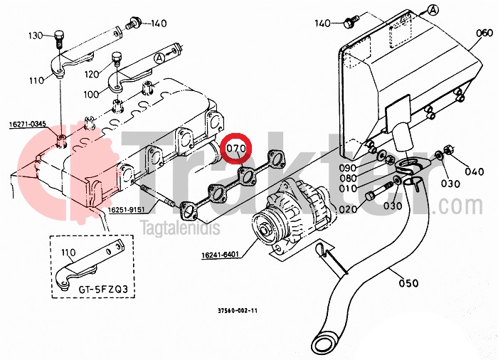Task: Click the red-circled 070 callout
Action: [235, 149]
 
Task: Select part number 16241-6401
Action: [220, 253]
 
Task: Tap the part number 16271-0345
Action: [28, 125]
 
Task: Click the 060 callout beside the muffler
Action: [484, 33]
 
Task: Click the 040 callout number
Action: [474, 171]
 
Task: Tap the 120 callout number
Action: [92, 74]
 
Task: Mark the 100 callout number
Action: [92, 94]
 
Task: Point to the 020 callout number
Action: [348, 210]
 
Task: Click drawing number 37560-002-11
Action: [238, 311]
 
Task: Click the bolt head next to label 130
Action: [58, 33]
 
